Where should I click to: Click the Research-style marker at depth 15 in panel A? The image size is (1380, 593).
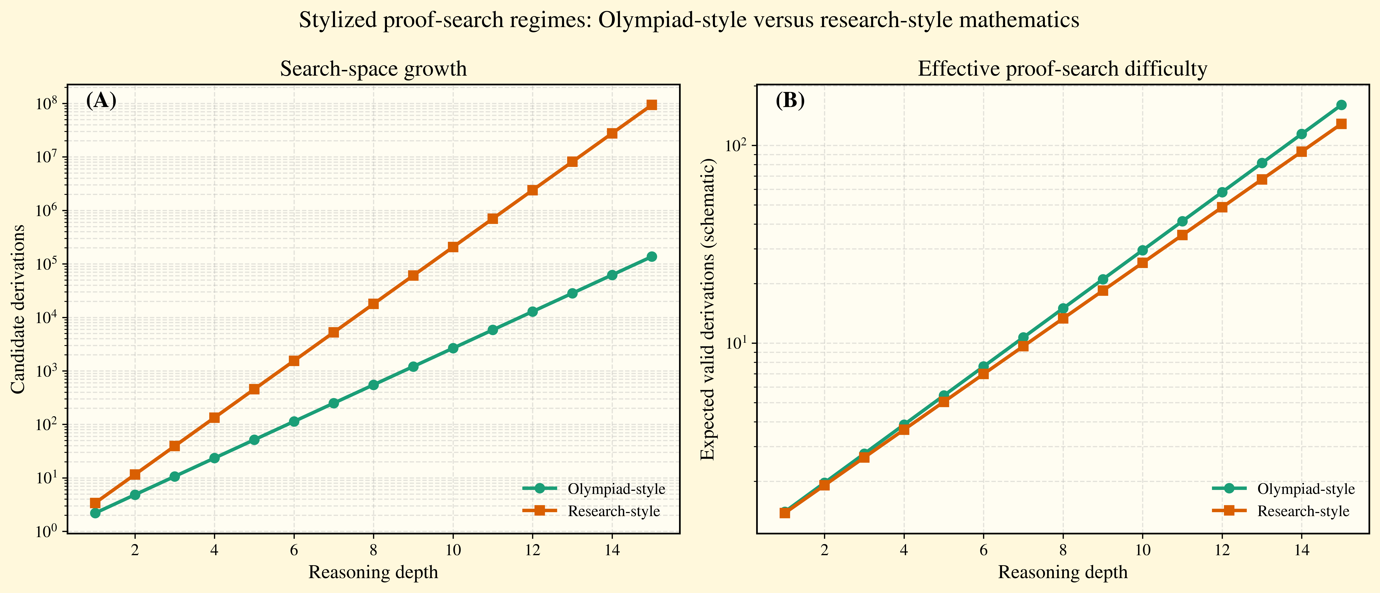(651, 105)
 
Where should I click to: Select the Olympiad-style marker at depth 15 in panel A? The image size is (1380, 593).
(651, 257)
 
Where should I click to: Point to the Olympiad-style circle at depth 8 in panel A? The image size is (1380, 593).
(373, 385)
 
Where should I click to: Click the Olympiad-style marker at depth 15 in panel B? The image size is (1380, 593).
(1341, 105)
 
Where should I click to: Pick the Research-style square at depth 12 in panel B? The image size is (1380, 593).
(1222, 207)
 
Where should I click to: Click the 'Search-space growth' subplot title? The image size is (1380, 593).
(373, 69)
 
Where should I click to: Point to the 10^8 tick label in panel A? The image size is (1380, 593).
(48, 104)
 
